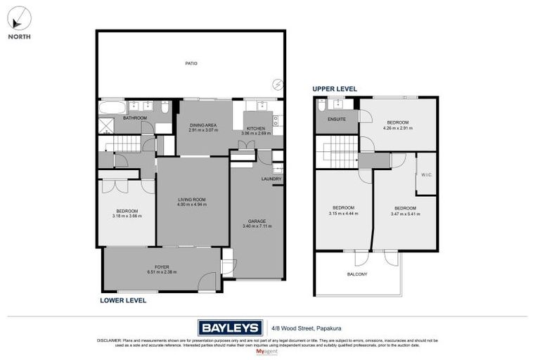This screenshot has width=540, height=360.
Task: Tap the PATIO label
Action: point(191,64)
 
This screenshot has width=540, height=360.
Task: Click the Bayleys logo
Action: point(227,327)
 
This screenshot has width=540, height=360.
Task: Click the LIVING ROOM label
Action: point(191,200)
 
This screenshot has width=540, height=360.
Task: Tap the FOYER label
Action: point(162,267)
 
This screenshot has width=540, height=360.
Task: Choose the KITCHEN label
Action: point(255,128)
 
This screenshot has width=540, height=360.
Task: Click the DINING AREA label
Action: point(203,125)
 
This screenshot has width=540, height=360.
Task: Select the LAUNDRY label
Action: point(271,179)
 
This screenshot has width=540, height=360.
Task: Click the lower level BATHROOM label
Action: point(134,118)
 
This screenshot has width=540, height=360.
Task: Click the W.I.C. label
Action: point(426,176)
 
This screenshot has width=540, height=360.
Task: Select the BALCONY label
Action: point(357,274)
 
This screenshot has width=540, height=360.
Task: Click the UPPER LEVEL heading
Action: point(335,89)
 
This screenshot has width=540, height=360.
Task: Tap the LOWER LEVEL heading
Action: point(123,300)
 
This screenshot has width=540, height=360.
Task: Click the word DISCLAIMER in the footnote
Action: point(110,340)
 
